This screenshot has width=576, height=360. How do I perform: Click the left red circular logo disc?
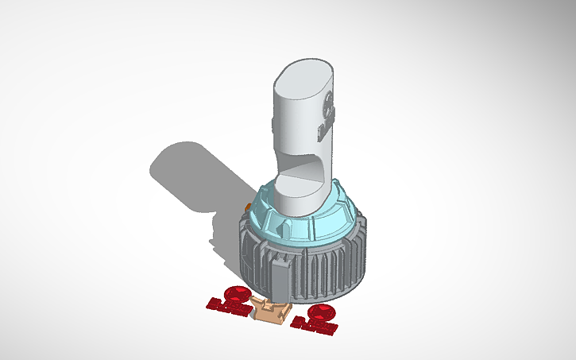pos(237,292)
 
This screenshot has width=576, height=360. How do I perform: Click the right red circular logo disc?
pos(323,311)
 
